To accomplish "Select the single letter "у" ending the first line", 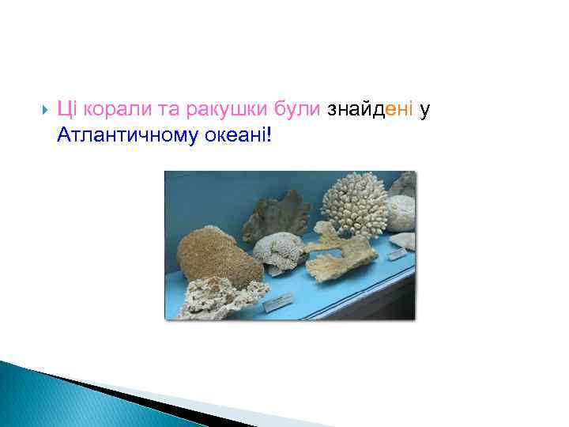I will pyautogui.click(x=424, y=111).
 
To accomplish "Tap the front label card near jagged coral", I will pyautogui.click(x=279, y=301).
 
